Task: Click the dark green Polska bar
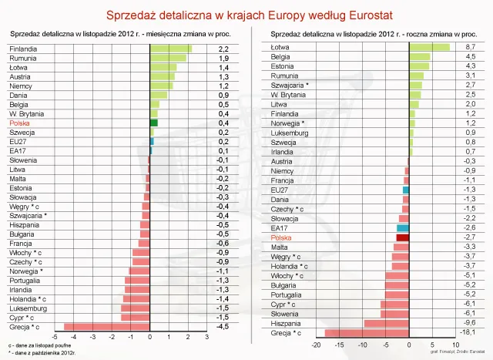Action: click(153, 123)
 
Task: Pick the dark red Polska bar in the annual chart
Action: click(402, 237)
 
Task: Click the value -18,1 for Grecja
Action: click(469, 333)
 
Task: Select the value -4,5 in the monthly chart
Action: click(223, 327)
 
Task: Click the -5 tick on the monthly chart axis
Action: click(54, 338)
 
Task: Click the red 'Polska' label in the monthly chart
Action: click(19, 123)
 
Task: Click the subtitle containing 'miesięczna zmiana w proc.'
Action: click(116, 35)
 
